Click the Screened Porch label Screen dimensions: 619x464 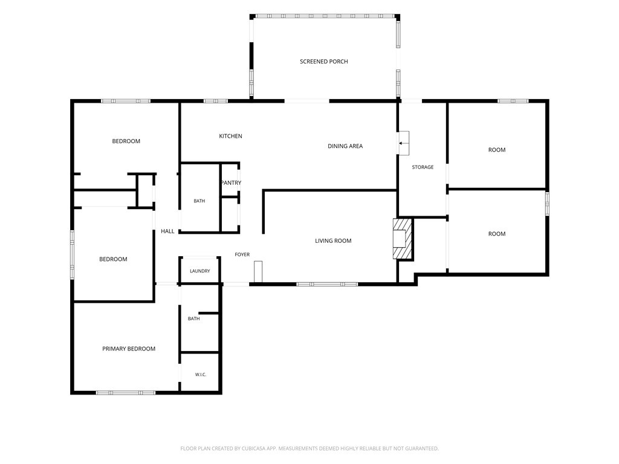point(324,62)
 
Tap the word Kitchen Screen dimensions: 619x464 point(230,136)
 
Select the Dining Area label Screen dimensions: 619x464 point(345,146)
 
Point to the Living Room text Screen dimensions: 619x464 point(333,240)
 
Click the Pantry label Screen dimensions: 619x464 point(231,182)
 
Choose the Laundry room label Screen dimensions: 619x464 point(199,271)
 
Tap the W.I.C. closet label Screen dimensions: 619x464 point(201,375)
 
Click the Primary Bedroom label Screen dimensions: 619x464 point(129,349)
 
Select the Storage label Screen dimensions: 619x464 point(423,167)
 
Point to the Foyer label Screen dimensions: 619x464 point(242,254)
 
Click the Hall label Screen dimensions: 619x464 point(167,231)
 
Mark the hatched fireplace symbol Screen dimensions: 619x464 point(403,239)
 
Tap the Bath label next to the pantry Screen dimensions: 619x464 point(199,201)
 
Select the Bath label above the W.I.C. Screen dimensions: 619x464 point(194,318)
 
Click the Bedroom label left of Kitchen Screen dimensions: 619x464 point(126,141)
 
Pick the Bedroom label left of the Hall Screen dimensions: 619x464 point(113,259)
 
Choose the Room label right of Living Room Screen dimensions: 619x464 point(497,234)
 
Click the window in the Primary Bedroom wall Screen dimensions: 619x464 point(126,393)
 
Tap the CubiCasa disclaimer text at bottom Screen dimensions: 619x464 point(309,449)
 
